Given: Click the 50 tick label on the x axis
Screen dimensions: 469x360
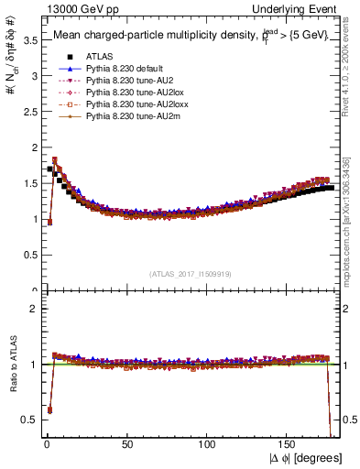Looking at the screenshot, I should tap(127, 446).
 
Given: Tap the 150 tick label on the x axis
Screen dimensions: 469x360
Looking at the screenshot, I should tap(289, 446).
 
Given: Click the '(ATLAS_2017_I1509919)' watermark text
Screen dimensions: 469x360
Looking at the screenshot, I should tap(190, 272).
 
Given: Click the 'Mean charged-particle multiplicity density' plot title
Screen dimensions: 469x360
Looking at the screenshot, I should tap(156, 36).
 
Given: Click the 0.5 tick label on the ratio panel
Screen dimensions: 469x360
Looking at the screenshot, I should tap(27, 419).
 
